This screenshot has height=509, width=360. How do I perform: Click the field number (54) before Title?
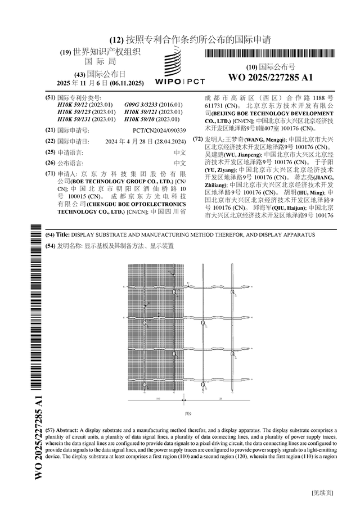[49, 234]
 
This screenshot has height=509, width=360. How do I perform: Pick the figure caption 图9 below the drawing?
[189, 413]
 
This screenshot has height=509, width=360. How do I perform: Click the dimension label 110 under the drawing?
[158, 398]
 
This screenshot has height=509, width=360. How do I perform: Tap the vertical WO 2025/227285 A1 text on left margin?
[39, 437]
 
